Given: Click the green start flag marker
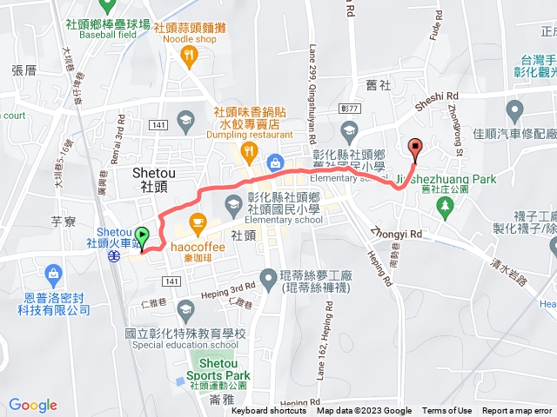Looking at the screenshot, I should (142, 235).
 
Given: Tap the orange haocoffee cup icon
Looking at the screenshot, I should (198, 222).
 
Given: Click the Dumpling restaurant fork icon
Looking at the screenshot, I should (250, 153).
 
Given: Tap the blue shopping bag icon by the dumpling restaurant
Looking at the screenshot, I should (275, 162).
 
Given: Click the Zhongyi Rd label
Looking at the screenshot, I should (396, 234).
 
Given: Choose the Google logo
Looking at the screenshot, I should (33, 404).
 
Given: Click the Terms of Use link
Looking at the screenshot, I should (447, 411).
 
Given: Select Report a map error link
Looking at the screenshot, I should (517, 411).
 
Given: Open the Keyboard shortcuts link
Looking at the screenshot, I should (269, 411).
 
